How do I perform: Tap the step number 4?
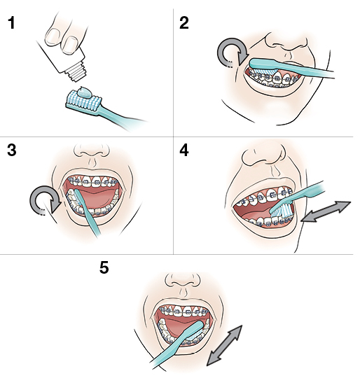tap(184, 150)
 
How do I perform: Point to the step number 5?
tap(104, 268)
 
